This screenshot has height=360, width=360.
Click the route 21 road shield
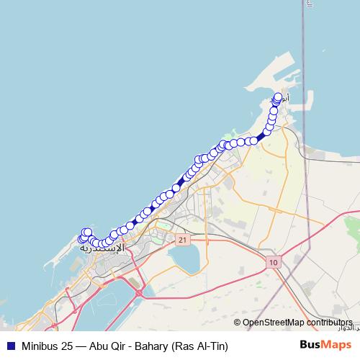point(183,239)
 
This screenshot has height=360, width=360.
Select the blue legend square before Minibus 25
point(11,346)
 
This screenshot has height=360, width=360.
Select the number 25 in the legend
point(64,346)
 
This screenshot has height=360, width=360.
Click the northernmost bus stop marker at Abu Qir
point(279,96)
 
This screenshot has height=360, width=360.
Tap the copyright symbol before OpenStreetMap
point(238,323)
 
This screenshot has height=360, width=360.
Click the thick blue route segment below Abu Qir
point(261,136)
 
